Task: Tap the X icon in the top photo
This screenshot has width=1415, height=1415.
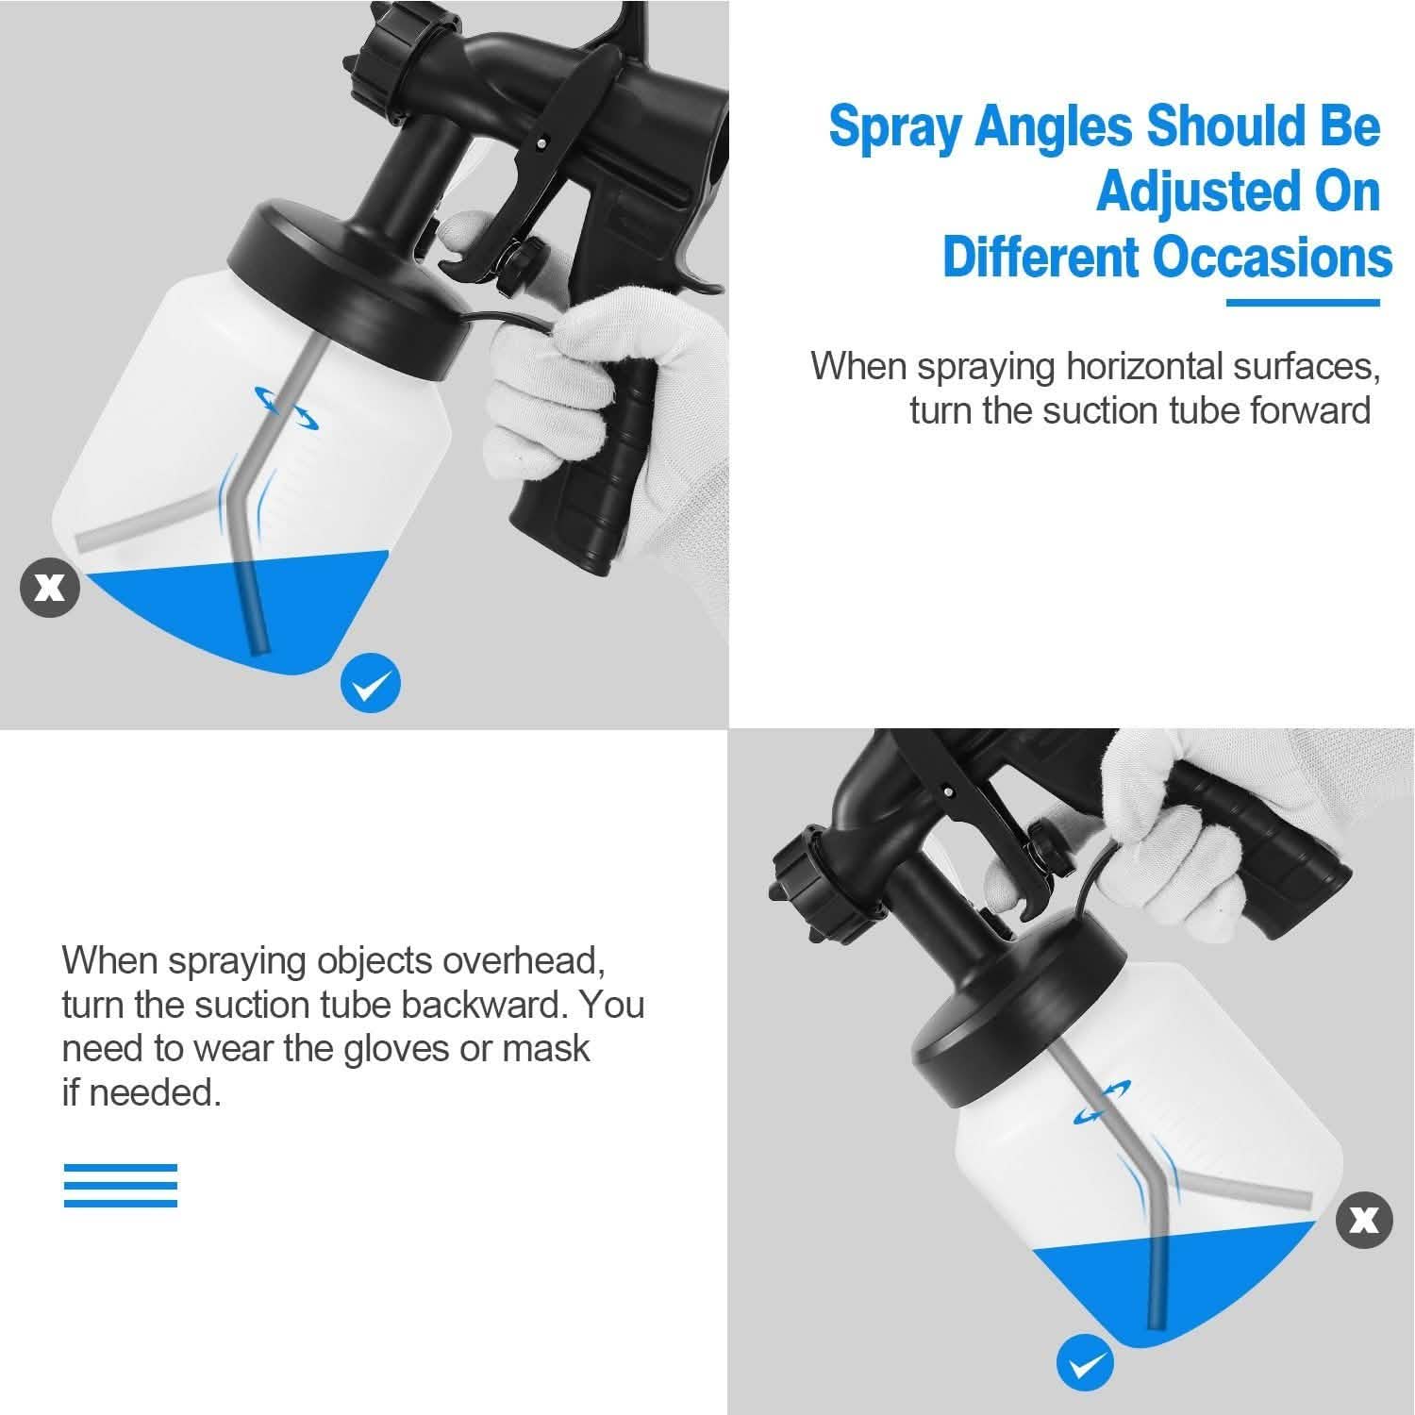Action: coord(50,588)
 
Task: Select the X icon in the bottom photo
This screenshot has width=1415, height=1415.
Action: coord(1364,1220)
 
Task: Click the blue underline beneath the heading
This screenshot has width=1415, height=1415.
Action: coord(1302,303)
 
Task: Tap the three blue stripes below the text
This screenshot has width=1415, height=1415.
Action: coord(120,1186)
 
